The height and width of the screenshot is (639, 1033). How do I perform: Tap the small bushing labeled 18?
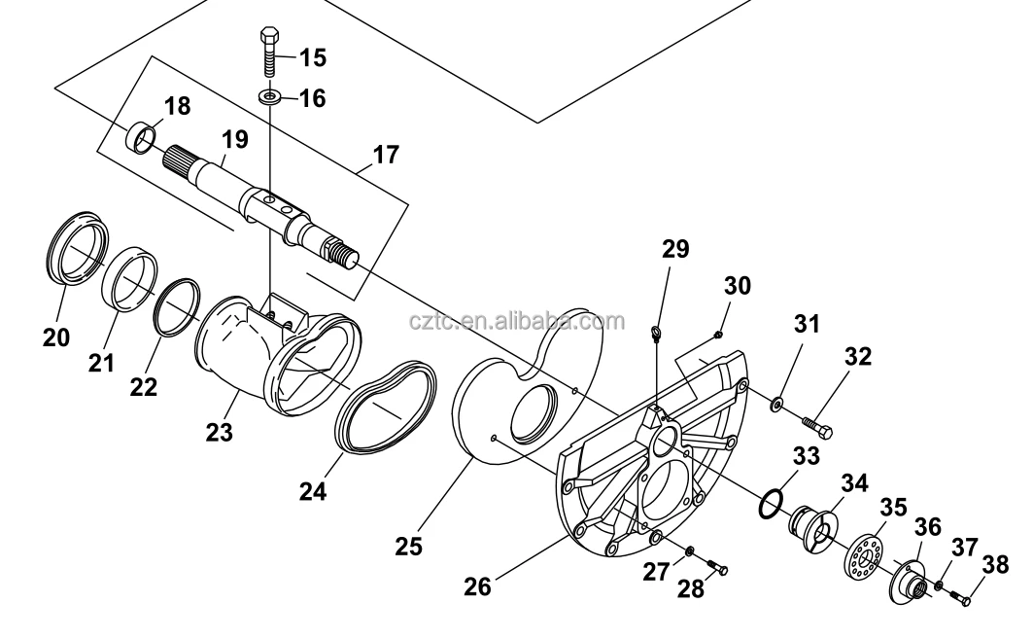click(143, 138)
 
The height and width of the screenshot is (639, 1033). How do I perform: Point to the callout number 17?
click(385, 155)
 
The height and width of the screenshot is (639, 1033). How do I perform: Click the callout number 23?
click(219, 431)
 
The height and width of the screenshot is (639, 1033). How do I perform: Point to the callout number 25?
click(409, 547)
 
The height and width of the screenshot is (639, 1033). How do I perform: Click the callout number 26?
click(477, 586)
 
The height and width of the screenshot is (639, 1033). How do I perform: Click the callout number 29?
click(675, 249)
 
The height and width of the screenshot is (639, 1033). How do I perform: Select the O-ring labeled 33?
click(770, 504)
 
